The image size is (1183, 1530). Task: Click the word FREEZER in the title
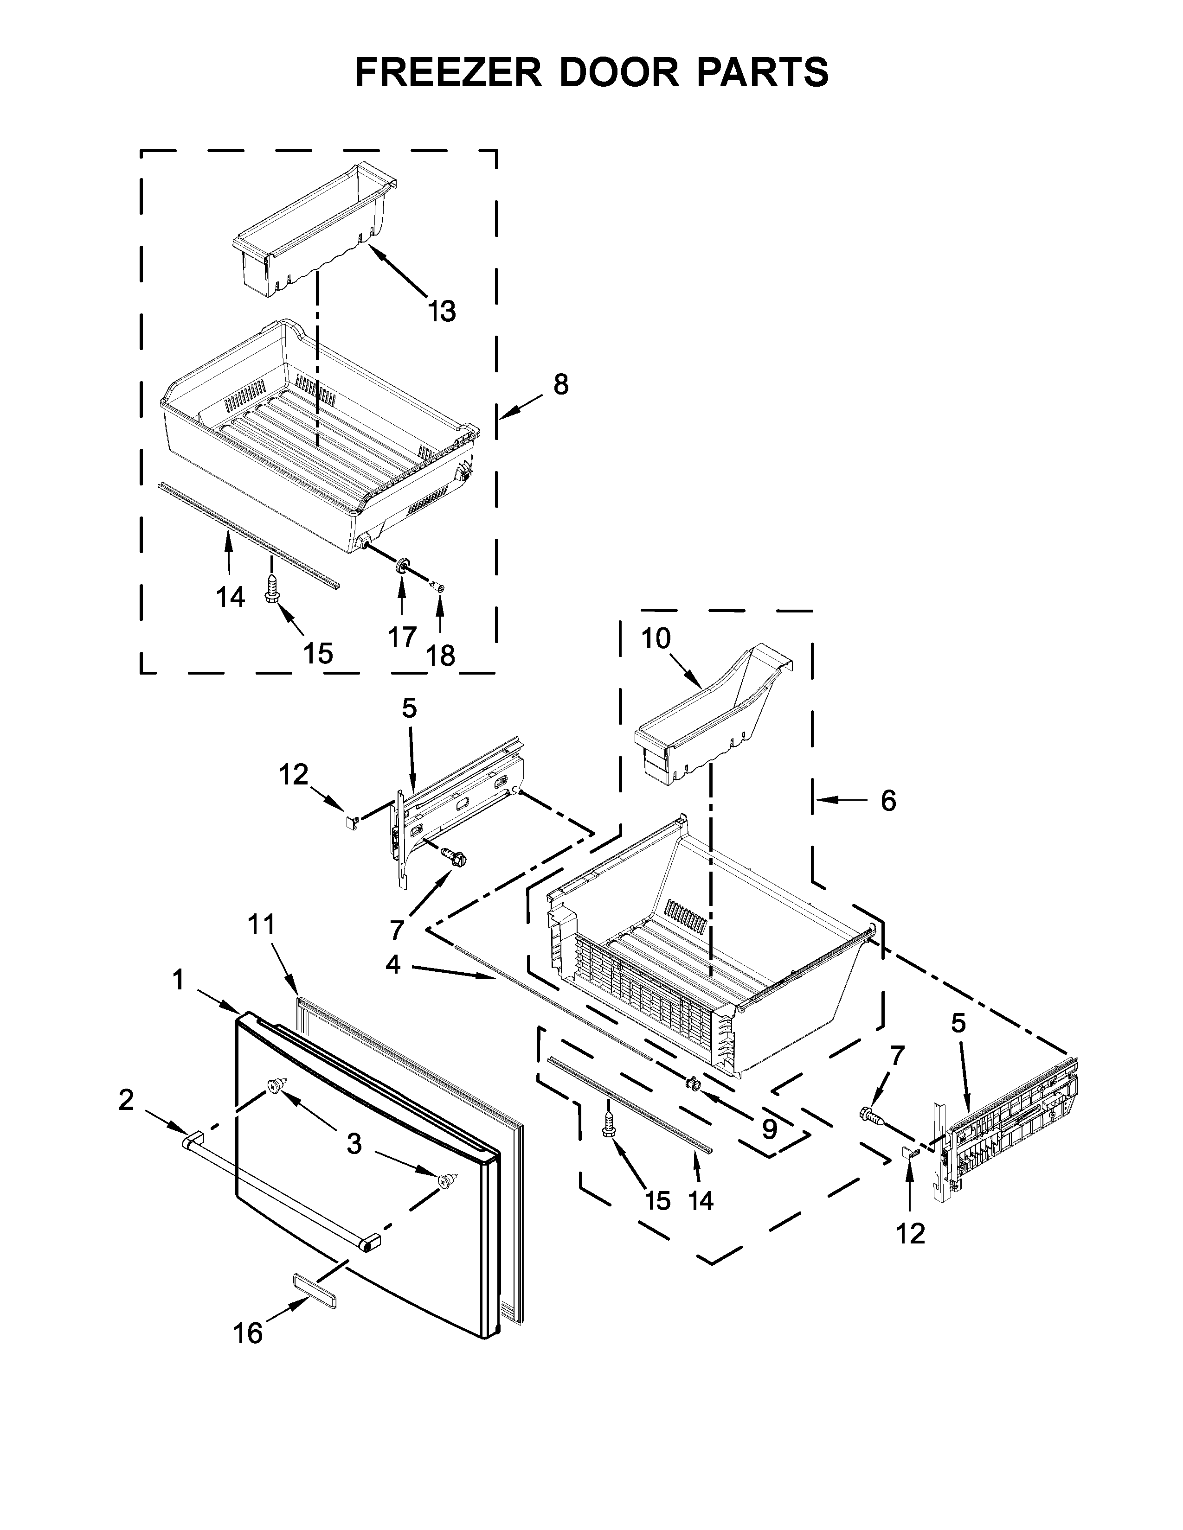[449, 72]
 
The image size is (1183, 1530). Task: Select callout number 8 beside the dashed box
[561, 385]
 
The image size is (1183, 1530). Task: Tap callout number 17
[402, 637]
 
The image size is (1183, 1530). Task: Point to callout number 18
[441, 656]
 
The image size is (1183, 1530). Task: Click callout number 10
[656, 639]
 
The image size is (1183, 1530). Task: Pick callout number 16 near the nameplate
[248, 1333]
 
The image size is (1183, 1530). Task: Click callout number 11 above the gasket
[261, 925]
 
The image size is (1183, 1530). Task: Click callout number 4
[392, 965]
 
